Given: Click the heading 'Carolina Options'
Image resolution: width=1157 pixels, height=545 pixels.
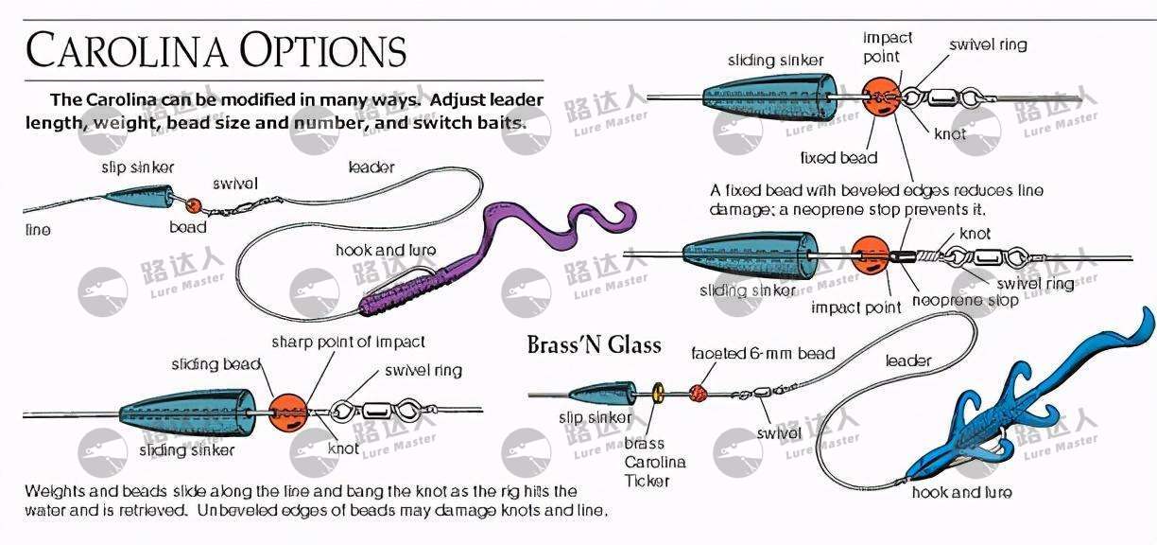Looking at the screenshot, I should pos(216,51).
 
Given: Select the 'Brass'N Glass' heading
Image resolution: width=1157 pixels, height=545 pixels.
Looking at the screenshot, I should pos(594,344).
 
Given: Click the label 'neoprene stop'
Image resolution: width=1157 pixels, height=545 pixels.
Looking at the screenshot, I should pos(964,301).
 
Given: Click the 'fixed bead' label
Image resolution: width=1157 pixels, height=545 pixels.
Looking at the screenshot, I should pos(838,158).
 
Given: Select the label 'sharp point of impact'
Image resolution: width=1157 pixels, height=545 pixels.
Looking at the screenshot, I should pos(348,342).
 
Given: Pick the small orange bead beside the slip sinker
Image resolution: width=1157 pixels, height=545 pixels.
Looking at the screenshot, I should pos(194,205).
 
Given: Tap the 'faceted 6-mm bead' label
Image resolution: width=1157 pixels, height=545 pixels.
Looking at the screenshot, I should pos(763,353).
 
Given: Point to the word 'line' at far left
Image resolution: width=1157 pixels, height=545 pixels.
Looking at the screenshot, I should pos(38,230).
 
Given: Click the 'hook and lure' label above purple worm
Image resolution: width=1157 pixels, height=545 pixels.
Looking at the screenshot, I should pos(386,250).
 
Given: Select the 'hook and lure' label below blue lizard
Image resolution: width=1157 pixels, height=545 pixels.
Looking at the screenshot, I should pos(961,492).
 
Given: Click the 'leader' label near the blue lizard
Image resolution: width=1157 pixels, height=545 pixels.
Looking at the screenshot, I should pos(908,360).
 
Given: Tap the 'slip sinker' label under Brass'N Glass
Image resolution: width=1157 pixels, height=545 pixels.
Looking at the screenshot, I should pos(596,417).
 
